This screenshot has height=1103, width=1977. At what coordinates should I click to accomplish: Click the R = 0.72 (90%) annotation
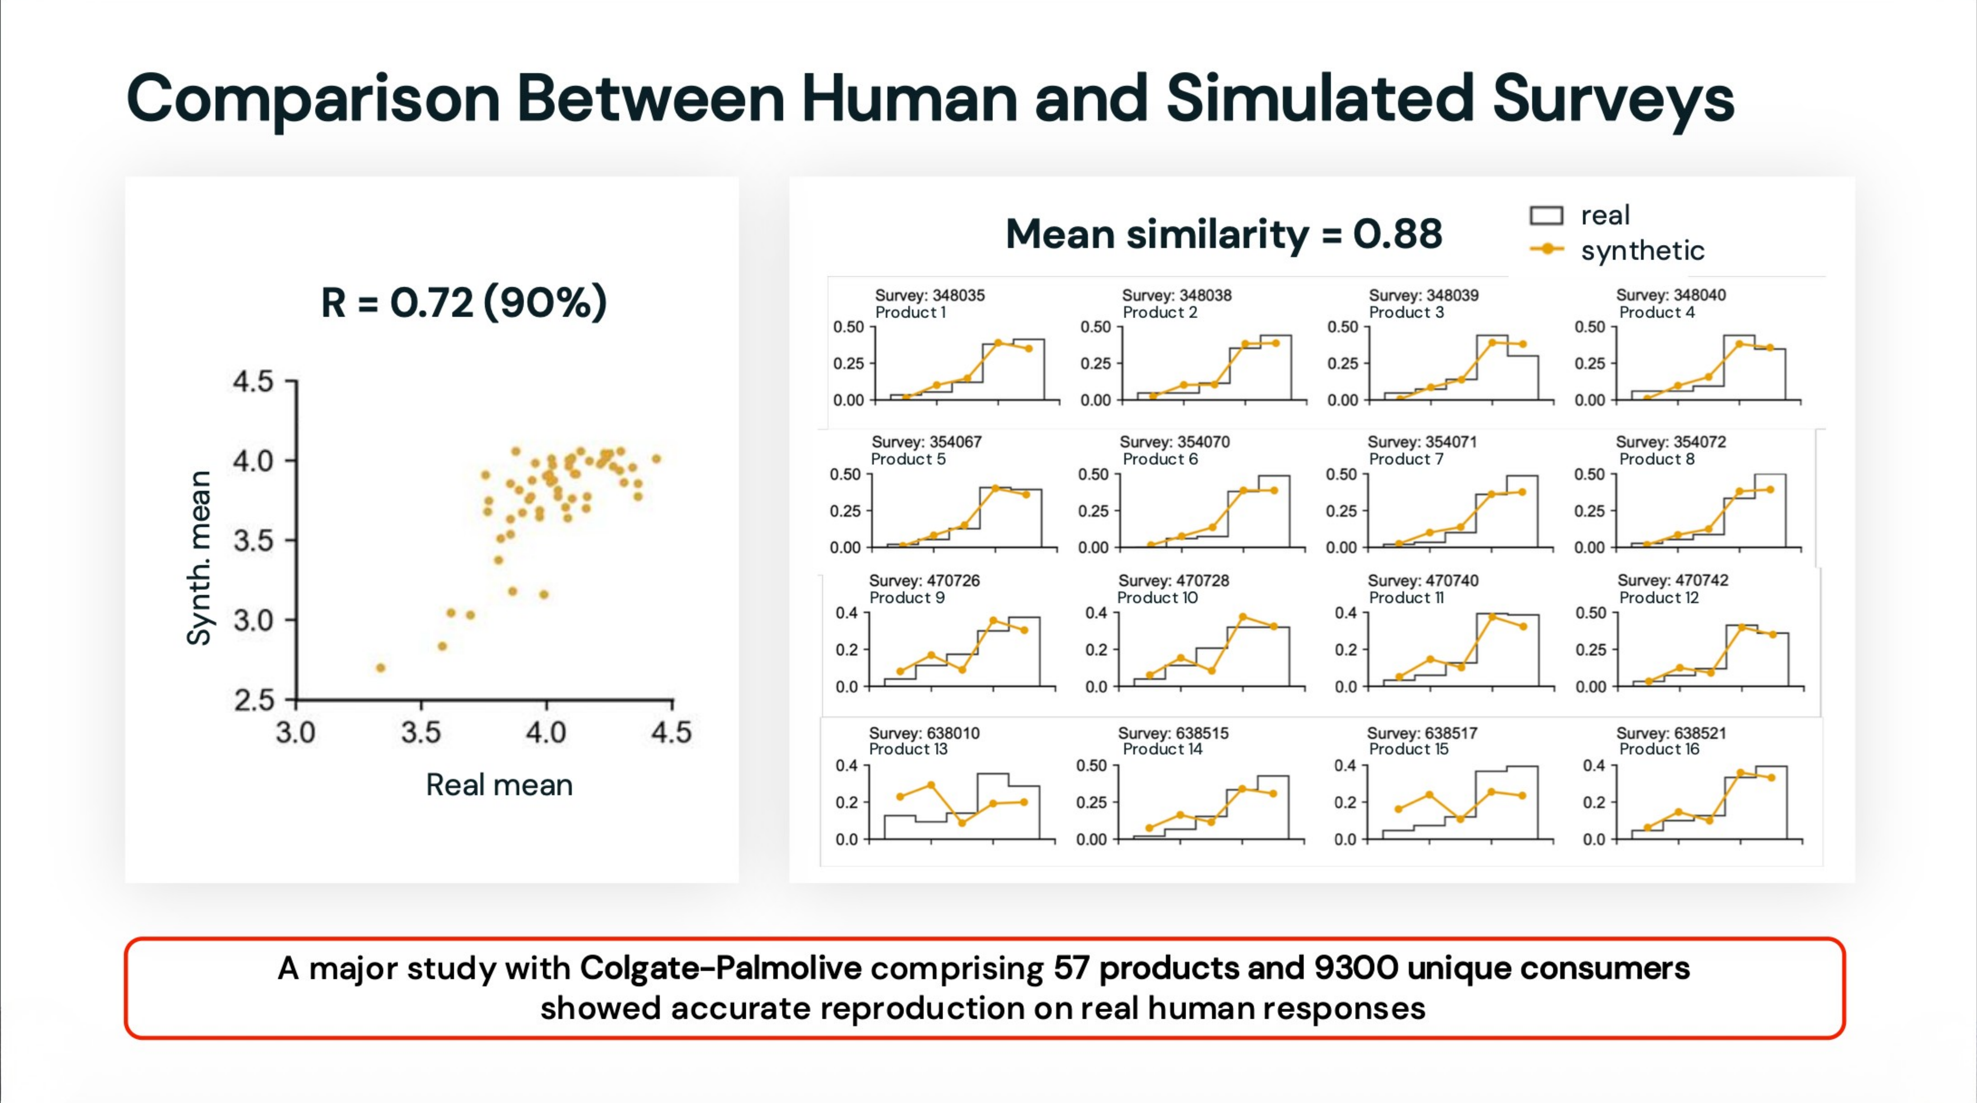[464, 302]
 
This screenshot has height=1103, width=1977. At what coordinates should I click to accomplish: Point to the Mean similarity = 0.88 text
[1223, 234]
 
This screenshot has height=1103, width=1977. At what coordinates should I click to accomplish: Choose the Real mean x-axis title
[499, 785]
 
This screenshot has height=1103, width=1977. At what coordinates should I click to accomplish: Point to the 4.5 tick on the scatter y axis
[253, 381]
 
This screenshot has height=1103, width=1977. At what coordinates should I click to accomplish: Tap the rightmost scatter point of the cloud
[656, 459]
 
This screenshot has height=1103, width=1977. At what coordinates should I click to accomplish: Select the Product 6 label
[1160, 459]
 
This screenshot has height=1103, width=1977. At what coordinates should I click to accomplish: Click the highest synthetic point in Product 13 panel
[931, 785]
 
